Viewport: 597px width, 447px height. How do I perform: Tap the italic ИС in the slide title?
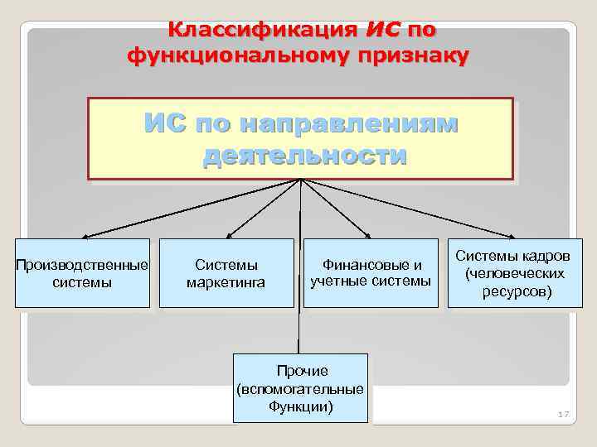point(382,31)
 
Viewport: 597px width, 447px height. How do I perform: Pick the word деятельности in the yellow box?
point(304,156)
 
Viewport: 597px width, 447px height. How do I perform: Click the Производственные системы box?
point(82,273)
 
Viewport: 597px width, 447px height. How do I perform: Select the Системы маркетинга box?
point(226,273)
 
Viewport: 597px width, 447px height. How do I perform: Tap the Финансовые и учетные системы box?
point(371,273)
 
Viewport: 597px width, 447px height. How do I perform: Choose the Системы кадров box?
point(515,273)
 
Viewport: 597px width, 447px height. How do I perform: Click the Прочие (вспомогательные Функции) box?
point(300,388)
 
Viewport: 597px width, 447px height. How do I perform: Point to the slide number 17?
point(565,414)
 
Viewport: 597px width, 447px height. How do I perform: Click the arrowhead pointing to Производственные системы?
point(85,236)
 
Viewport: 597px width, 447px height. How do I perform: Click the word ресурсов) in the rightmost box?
point(516,291)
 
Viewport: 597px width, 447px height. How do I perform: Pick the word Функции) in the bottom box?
point(300,406)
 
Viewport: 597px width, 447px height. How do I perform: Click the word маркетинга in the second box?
point(226,283)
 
